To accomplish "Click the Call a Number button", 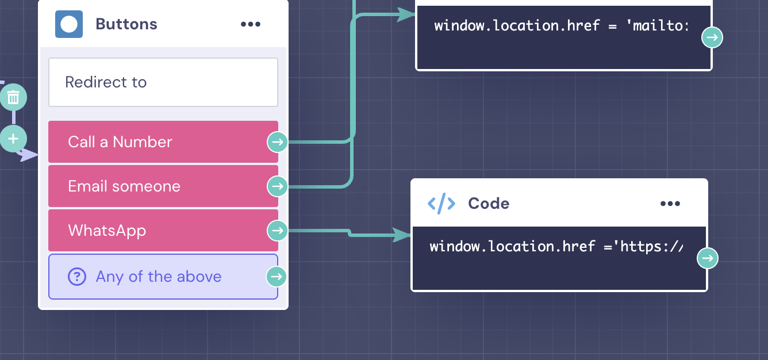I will point(155,142).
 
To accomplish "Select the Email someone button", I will point(155,186).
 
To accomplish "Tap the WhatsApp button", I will point(155,231).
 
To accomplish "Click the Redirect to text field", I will point(163,82).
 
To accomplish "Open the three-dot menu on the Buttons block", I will point(251,24).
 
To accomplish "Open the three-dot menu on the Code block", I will point(670,204).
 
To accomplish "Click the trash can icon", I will point(13,97).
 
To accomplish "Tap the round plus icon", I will point(13,139).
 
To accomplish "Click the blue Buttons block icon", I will point(69,24).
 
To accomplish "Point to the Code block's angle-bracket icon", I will point(441,204).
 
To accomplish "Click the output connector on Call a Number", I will point(278,141).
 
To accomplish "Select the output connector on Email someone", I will point(278,186).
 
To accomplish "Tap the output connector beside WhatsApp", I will point(278,231).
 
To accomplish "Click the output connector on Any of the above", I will point(277,277).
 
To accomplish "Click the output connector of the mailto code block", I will point(712,38).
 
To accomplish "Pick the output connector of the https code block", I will point(708,258).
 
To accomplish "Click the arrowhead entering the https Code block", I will point(402,235).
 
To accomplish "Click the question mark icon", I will point(77,277).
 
